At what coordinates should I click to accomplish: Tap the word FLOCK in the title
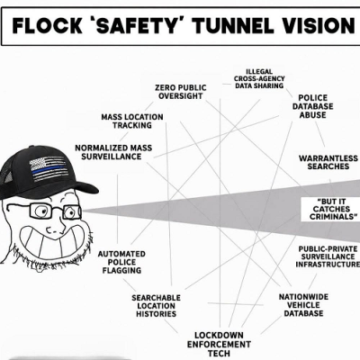point(47,25)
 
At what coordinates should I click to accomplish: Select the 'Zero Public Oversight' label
point(181,92)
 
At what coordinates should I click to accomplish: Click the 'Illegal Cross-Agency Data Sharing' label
point(259,78)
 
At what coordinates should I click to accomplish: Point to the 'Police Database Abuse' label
point(312,106)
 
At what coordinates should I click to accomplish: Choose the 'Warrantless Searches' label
point(328,162)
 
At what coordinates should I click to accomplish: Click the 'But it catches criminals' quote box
point(331,209)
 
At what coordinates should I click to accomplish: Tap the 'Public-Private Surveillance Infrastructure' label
point(328,256)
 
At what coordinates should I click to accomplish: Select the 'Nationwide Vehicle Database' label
point(303,305)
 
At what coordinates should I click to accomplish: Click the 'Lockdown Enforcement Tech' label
point(219,344)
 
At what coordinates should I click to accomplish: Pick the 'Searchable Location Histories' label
point(156,306)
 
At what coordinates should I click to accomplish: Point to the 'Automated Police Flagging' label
point(121,262)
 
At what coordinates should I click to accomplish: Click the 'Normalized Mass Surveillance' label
point(113,152)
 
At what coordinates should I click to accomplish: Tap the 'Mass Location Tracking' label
point(132,121)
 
